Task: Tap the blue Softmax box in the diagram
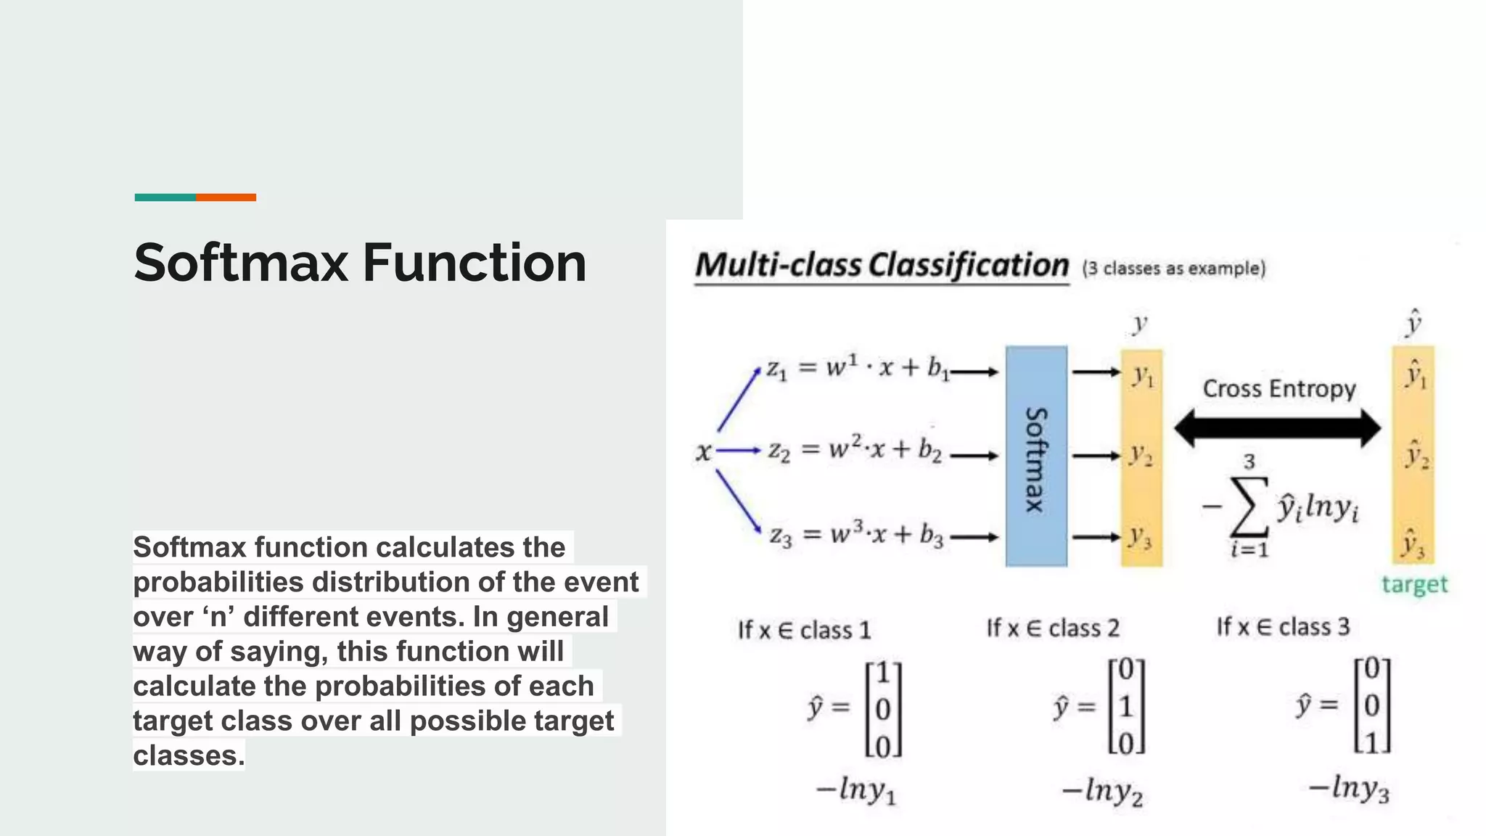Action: [x=1036, y=456]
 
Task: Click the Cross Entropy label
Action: [x=1278, y=388]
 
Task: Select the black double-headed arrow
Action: [x=1277, y=427]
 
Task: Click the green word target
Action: [x=1413, y=584]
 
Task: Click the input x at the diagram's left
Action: [x=703, y=452]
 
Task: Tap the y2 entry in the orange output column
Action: [x=1141, y=456]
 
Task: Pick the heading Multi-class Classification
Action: [x=882, y=265]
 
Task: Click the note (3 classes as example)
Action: [x=1173, y=269]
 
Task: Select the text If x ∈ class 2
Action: [x=1052, y=628]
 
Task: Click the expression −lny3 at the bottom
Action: [x=1348, y=789]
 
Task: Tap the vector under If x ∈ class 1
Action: [x=883, y=708]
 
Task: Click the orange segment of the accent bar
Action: [x=226, y=197]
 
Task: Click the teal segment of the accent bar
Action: [x=165, y=197]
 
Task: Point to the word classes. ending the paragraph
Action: [x=189, y=755]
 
